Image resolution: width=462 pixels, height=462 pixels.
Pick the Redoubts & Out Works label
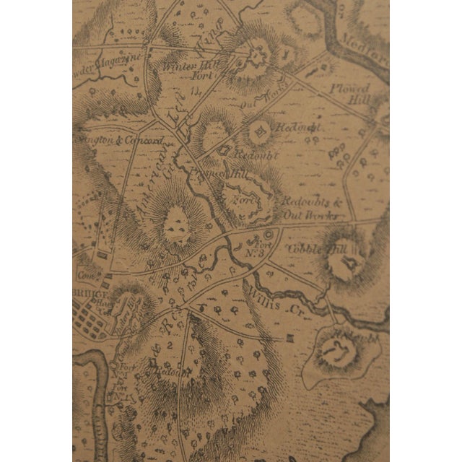307,209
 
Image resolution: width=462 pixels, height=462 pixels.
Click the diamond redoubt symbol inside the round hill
258,131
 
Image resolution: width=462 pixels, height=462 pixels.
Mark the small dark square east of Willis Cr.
289,338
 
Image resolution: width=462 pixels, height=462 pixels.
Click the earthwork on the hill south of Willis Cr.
336,352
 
